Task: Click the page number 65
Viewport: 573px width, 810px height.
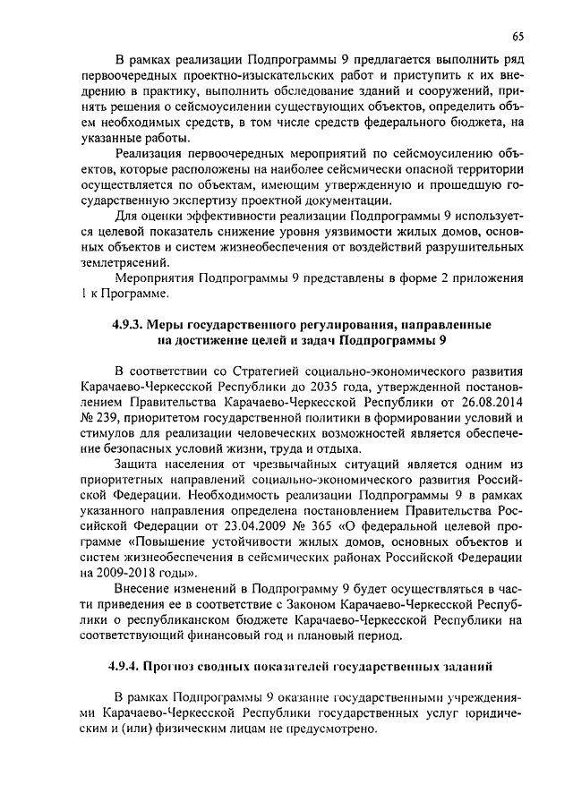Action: click(517, 36)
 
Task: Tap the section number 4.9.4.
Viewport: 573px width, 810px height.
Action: click(123, 667)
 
